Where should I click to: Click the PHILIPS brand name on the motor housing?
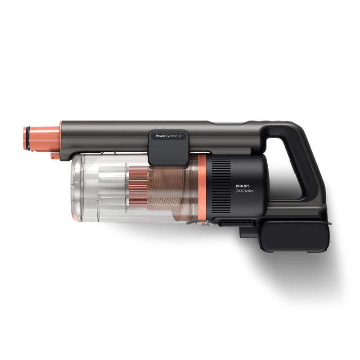(243, 185)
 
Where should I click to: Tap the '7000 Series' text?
(246, 192)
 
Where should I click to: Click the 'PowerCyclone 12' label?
(168, 135)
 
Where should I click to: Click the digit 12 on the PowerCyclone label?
(179, 135)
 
